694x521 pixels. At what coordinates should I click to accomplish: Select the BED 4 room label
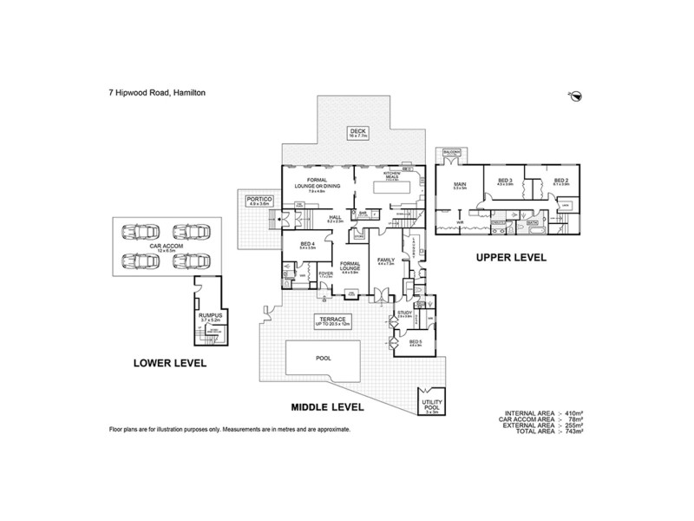306,246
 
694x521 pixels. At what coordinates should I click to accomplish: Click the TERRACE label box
331,321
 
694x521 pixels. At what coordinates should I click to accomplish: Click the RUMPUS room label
211,318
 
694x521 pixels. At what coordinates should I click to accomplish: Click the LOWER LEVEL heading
169,363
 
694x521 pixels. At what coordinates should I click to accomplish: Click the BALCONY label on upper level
450,151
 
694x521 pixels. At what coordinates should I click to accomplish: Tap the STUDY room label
404,313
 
